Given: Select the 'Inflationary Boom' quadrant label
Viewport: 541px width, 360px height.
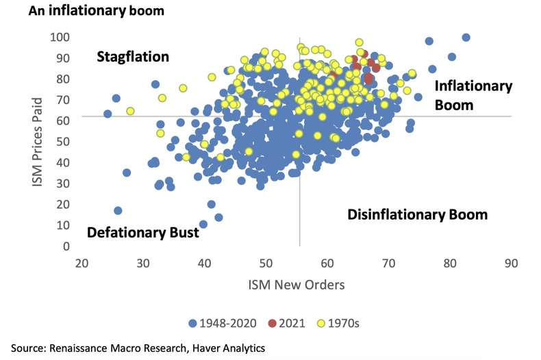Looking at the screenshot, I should (473, 95).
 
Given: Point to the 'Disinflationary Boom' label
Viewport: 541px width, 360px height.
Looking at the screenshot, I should (417, 214).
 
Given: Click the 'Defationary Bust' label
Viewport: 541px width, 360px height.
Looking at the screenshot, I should (143, 232).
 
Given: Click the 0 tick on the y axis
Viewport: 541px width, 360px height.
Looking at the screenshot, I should (66, 246).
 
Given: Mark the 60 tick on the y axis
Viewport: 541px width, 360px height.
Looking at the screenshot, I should (62, 120).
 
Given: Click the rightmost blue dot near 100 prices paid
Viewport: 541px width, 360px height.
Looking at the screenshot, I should (466, 38).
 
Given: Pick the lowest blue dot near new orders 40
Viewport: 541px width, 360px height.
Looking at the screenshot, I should (203, 224).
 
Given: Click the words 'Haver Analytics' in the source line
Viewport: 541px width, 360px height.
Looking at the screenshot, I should (227, 349).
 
